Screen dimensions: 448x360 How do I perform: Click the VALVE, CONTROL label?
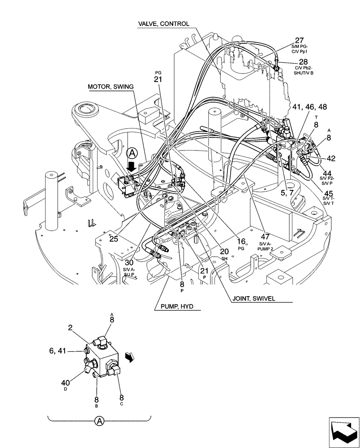163,24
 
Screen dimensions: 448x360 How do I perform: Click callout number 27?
299,40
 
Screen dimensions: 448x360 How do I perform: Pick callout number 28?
304,62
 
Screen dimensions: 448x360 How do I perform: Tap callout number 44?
327,173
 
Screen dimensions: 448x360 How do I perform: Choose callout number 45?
328,194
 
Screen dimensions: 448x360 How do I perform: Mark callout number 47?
265,236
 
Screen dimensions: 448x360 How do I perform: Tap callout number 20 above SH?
224,251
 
